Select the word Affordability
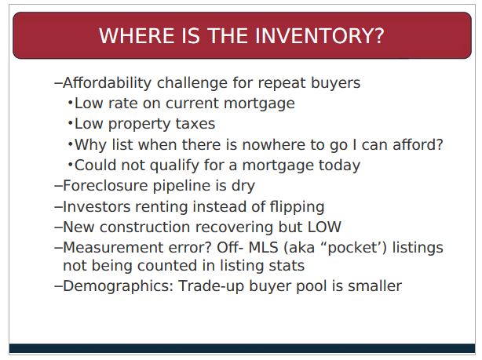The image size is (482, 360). point(108,83)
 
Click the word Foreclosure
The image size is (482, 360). point(105,186)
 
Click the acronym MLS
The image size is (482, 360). point(264,248)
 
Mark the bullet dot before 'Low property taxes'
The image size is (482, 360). point(71,124)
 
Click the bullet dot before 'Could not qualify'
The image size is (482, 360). point(71,165)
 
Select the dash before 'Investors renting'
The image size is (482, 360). point(58,207)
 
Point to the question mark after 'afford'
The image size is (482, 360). point(440,144)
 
